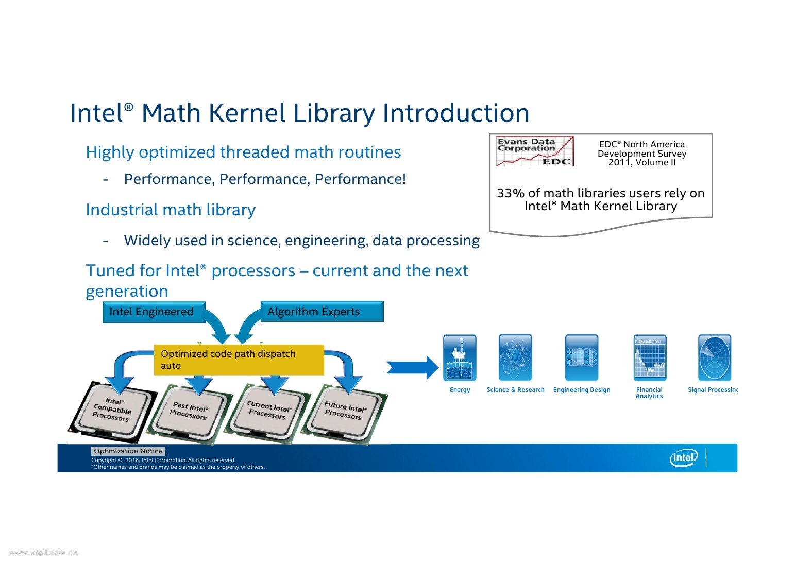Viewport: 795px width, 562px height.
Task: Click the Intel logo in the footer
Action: pyautogui.click(x=684, y=457)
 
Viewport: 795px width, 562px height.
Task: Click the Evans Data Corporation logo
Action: pyautogui.click(x=534, y=151)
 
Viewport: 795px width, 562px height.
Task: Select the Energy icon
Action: pyautogui.click(x=460, y=357)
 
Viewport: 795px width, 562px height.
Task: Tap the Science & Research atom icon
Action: pyautogui.click(x=515, y=357)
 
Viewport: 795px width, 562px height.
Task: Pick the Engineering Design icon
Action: pyautogui.click(x=582, y=357)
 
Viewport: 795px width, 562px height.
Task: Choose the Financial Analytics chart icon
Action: pyautogui.click(x=650, y=357)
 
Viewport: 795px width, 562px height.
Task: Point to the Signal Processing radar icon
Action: pyautogui.click(x=714, y=357)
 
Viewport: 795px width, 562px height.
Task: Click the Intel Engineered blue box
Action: pyautogui.click(x=154, y=312)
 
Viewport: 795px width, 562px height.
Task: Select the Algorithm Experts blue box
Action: pyautogui.click(x=322, y=312)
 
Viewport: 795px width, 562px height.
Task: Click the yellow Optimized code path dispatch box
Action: pyautogui.click(x=239, y=360)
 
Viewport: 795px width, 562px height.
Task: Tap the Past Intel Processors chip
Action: pyautogui.click(x=189, y=412)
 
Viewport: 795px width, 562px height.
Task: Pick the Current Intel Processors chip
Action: pyautogui.click(x=268, y=412)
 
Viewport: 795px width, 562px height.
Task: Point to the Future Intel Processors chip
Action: pyautogui.click(x=344, y=412)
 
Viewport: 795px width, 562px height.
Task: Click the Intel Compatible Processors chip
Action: pyautogui.click(x=112, y=411)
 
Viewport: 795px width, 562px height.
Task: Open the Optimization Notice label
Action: pyautogui.click(x=128, y=451)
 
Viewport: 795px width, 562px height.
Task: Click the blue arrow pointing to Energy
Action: pyautogui.click(x=412, y=367)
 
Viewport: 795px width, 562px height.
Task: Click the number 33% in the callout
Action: pyautogui.click(x=510, y=193)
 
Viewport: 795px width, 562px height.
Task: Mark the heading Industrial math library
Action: pyautogui.click(x=171, y=210)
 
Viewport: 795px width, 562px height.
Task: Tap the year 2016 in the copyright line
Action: pyautogui.click(x=132, y=461)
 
